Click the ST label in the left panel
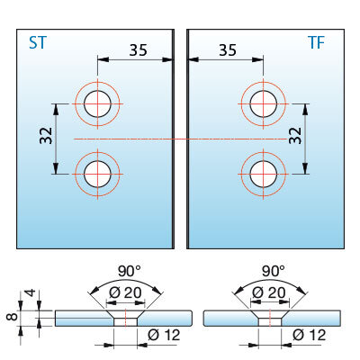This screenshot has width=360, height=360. click(38, 42)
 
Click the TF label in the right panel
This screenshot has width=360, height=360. click(316, 42)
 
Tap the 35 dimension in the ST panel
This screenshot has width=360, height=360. click(139, 49)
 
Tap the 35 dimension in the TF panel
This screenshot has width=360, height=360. click(228, 49)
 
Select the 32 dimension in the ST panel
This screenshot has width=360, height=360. click(46, 136)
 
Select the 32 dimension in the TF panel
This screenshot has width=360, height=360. click(295, 136)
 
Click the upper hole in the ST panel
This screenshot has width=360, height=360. click(97, 103)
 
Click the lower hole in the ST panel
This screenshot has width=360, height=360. click(97, 174)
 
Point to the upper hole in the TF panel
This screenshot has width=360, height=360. click(264, 103)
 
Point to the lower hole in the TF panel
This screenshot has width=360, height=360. click(264, 174)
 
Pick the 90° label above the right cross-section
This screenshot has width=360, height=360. click(274, 271)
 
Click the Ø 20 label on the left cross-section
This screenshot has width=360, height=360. click(125, 292)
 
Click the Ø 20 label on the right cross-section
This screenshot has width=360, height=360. click(269, 292)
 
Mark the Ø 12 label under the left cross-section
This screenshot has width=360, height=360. click(164, 335)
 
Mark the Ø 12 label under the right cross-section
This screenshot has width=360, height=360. click(310, 335)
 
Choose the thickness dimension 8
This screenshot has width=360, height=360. click(13, 317)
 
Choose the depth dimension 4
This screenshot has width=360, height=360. click(31, 292)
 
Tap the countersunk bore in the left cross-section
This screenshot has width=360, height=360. click(126, 319)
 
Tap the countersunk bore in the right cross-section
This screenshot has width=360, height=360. click(270, 319)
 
